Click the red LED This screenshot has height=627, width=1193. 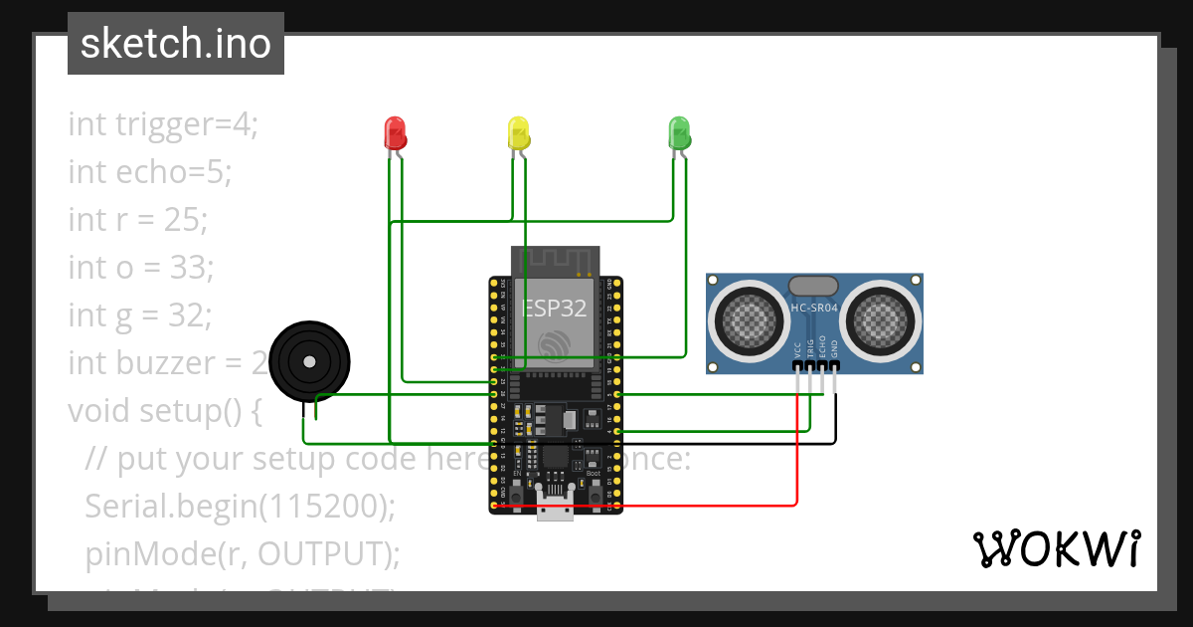pos(395,131)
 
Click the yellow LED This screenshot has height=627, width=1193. pos(518,131)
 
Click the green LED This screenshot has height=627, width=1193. pos(679,131)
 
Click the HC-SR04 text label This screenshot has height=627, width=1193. pos(814,309)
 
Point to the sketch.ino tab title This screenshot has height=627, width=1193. pos(176,44)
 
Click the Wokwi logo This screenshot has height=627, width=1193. pos(1056,548)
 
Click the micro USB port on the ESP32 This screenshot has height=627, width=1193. pos(555,506)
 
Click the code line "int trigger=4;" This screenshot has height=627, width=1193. pos(163,124)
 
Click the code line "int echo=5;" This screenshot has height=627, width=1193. pos(149,172)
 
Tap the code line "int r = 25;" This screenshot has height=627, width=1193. pos(138,220)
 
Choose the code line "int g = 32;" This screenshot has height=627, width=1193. pos(140,314)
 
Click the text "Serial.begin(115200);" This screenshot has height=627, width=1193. pos(241,506)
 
